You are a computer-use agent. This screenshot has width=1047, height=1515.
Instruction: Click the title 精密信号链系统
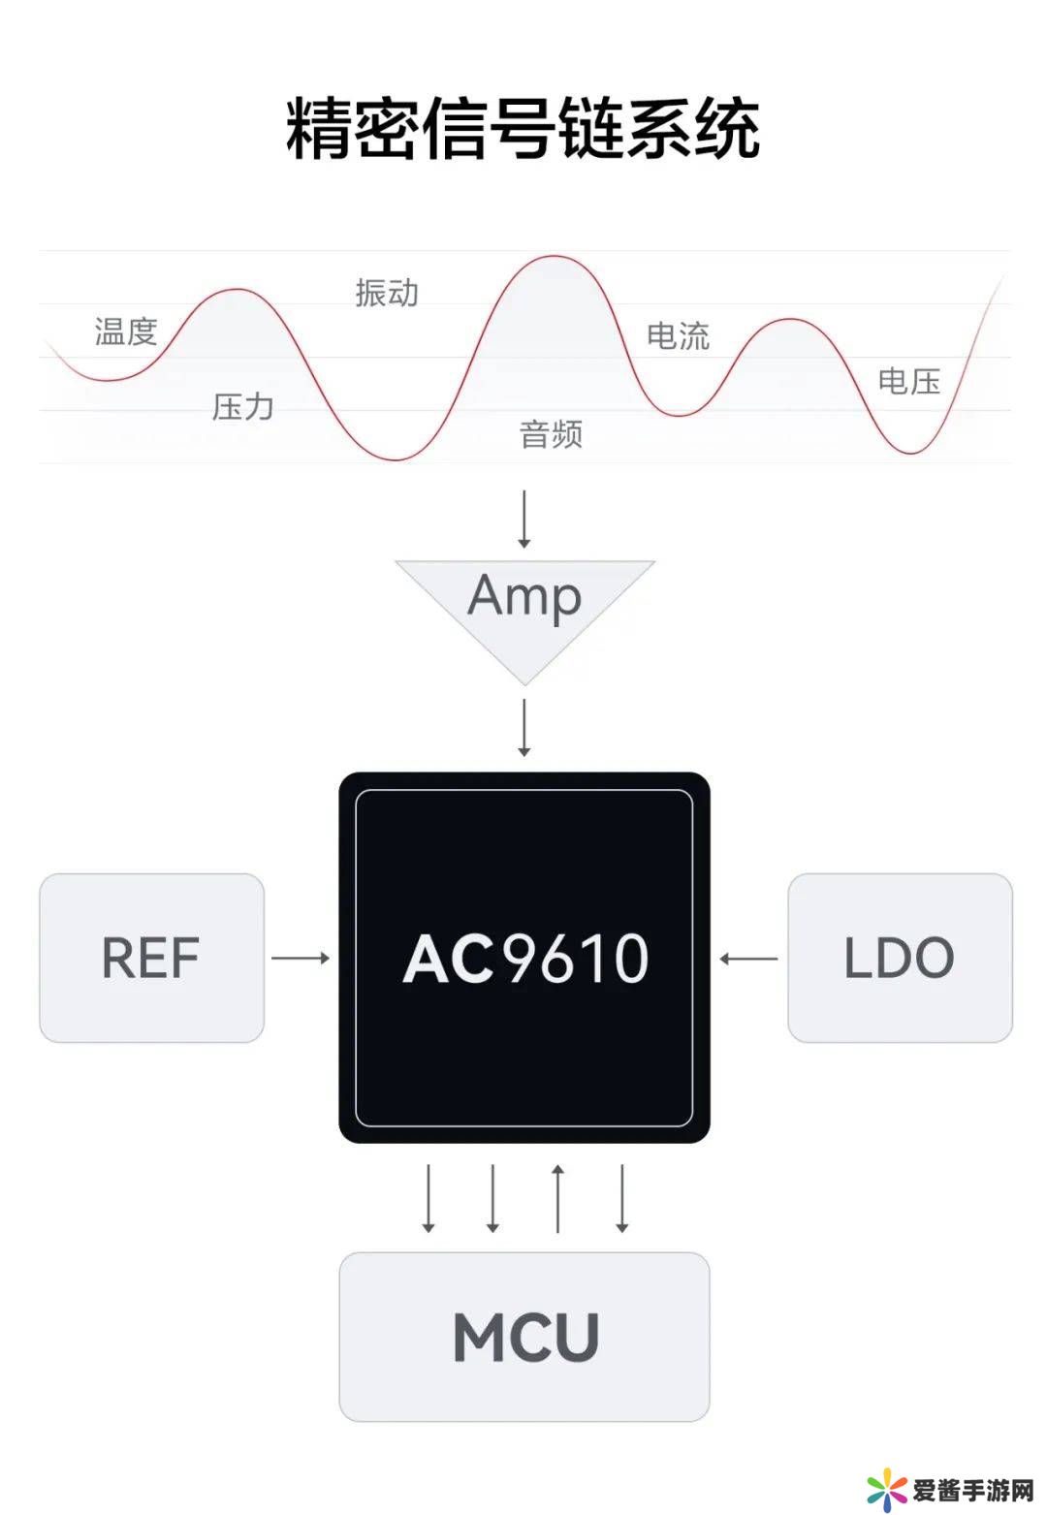tap(523, 127)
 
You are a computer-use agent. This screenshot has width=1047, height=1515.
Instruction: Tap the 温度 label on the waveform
tap(126, 331)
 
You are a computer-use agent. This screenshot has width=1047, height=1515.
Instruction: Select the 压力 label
tap(242, 406)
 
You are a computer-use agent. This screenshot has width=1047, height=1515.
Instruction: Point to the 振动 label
tap(387, 292)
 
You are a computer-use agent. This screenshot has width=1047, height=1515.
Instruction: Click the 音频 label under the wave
tap(551, 433)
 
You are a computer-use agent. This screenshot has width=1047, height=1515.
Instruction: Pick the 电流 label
tap(678, 335)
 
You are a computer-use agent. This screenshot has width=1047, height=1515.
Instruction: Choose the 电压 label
tap(908, 381)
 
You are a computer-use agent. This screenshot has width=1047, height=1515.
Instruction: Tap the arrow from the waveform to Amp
tap(524, 520)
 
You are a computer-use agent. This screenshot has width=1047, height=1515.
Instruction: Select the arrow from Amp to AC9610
tap(524, 727)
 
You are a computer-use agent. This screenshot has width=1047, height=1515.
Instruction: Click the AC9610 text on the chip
tap(524, 959)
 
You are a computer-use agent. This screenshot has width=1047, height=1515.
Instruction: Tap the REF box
tap(151, 958)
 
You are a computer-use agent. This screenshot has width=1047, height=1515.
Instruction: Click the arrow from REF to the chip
tap(301, 958)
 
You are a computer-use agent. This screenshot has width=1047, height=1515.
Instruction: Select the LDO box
tap(900, 958)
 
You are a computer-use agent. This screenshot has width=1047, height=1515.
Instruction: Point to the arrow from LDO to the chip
tap(748, 959)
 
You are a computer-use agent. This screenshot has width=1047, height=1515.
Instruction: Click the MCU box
tap(524, 1337)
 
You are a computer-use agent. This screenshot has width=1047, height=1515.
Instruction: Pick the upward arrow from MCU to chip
tap(557, 1198)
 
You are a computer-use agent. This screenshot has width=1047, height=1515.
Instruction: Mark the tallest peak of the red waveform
tap(554, 257)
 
